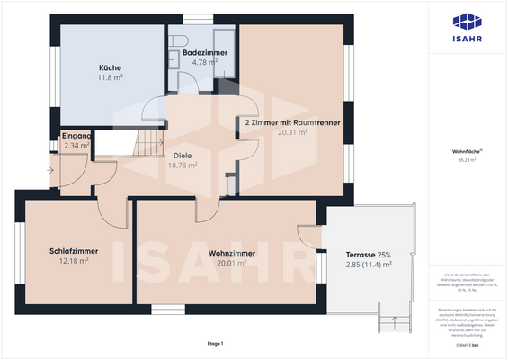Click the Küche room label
point(110,68)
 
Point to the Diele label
point(183,155)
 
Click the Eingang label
point(76,135)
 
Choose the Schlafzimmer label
point(74,251)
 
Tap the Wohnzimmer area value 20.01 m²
point(226,264)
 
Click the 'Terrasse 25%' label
point(370,254)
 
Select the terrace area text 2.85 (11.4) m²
point(370,265)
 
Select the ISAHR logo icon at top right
point(466,22)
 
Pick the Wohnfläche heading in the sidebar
point(465,153)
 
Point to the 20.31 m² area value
point(292,132)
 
